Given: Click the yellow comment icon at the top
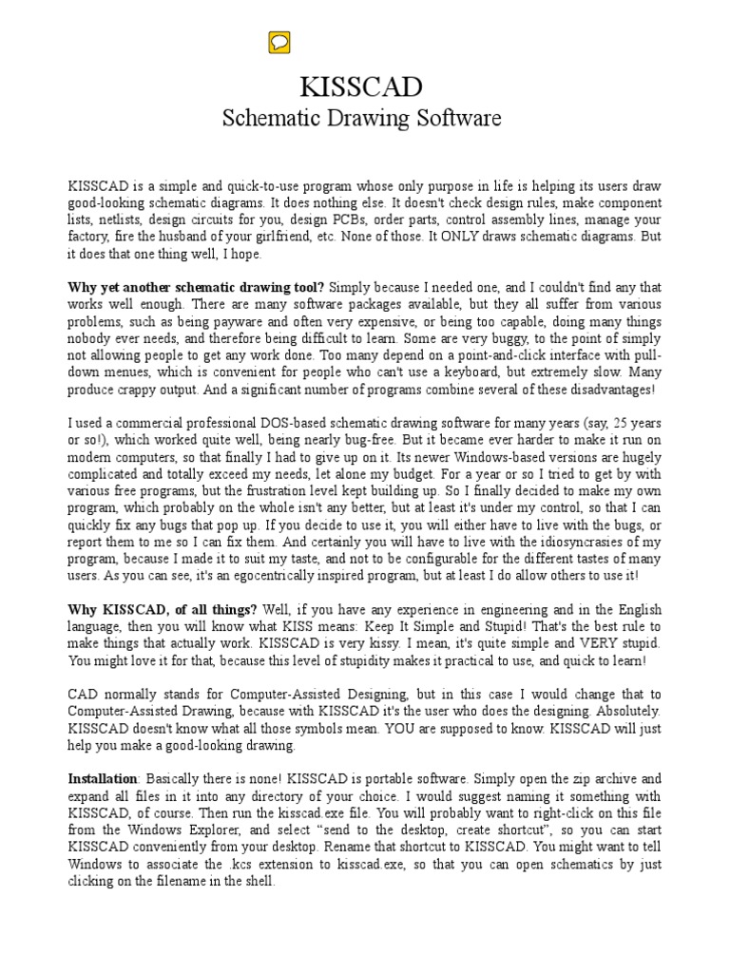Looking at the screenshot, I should coord(279,42).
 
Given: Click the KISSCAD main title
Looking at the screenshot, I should coord(361,86).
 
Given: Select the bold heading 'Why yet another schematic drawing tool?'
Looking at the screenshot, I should coord(196,288).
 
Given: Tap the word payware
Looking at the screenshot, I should coord(247,323).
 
